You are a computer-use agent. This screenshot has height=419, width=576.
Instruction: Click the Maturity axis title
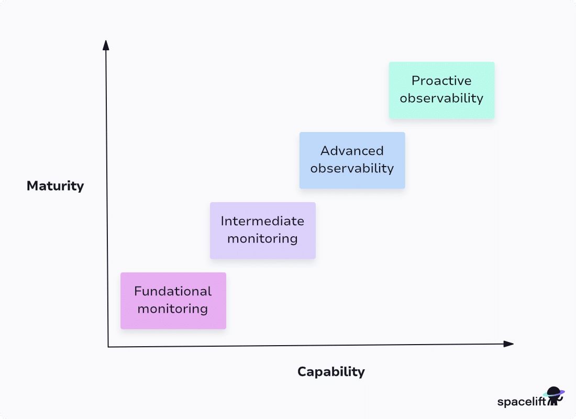pos(55,186)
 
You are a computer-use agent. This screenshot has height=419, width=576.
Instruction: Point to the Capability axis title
pos(331,372)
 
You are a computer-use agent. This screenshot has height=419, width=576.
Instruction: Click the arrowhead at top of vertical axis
pos(106,45)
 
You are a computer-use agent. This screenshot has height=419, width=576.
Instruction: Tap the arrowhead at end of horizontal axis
pos(508,344)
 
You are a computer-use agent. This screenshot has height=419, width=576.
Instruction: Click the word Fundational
pos(173,291)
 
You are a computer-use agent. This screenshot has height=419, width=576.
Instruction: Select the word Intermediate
pos(262,221)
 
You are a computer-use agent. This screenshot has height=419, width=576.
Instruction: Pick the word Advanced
pos(352,151)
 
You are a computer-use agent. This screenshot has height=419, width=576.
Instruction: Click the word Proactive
pos(441,81)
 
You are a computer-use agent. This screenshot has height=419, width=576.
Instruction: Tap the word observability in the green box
pos(441,98)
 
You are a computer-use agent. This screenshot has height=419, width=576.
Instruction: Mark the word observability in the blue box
pos(352,169)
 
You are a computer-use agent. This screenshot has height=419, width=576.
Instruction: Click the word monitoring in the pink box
pos(173,309)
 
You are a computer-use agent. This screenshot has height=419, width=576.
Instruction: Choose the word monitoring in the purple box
pos(262,239)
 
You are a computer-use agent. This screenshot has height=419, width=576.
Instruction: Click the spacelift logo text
pos(521,402)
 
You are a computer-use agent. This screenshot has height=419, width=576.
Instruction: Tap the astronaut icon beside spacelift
pos(555,396)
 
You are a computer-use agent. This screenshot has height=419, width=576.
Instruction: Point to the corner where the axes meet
pos(108,347)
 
